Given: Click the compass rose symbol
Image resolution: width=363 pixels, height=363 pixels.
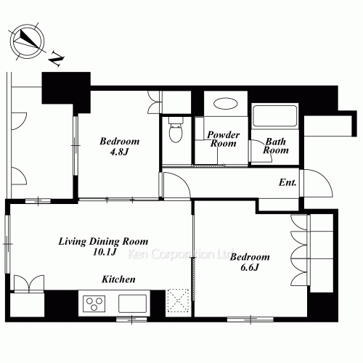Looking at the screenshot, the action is [28, 41].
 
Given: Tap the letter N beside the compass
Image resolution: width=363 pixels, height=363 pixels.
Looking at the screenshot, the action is [57, 59].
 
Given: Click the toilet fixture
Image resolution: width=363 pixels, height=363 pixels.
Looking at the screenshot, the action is [176, 130].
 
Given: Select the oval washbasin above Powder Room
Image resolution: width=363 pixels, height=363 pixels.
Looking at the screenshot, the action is [226, 104].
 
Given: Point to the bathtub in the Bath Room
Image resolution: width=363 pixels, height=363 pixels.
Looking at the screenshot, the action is [275, 116].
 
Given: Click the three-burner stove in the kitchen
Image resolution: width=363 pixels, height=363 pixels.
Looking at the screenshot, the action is [94, 303].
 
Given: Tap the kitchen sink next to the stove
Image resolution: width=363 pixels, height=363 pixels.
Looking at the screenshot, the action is [132, 303].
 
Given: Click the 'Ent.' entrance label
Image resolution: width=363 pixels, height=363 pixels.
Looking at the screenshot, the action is [287, 182].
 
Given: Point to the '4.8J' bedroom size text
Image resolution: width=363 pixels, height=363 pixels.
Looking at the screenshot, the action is [119, 152].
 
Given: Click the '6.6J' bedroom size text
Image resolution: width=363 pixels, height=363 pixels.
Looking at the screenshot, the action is [250, 267].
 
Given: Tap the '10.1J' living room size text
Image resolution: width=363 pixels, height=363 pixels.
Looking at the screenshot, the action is [105, 252].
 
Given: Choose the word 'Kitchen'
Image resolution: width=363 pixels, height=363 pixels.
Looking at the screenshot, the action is [118, 280].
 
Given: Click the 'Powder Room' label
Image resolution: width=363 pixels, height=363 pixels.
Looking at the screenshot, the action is [224, 139].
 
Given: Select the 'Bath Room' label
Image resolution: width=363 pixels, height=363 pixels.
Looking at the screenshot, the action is [276, 146].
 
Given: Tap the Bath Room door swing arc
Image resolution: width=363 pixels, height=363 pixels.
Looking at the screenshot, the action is [264, 148].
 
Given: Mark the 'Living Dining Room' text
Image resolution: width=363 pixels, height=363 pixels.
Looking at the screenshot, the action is [103, 242].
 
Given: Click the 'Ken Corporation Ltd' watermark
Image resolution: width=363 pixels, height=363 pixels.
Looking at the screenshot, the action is [181, 254].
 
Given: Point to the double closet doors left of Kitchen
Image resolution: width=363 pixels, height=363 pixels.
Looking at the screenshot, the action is [29, 284].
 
